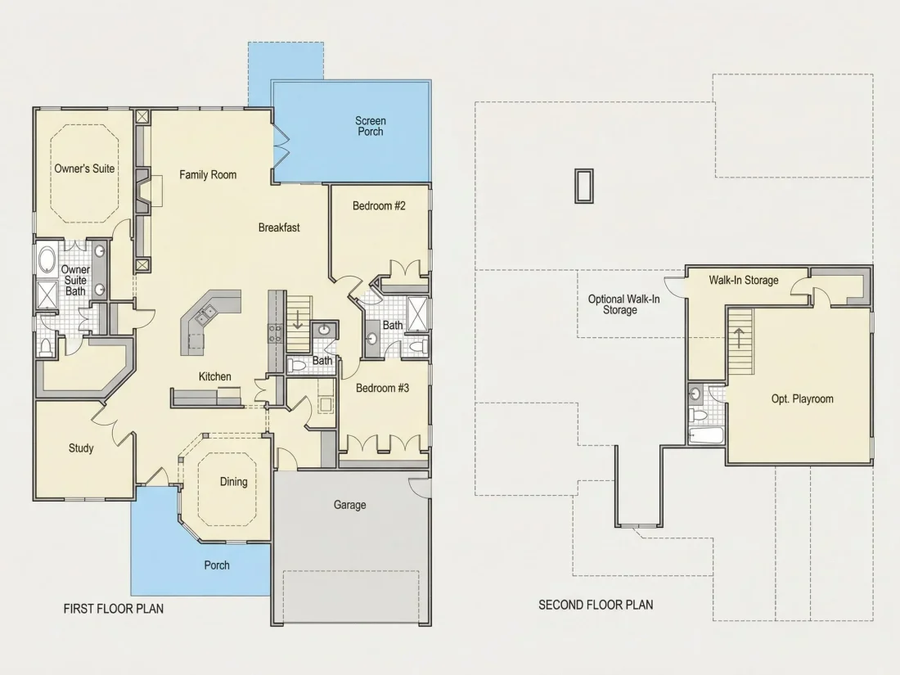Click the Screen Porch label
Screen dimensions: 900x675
tap(370, 126)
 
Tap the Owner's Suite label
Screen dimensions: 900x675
tap(84, 169)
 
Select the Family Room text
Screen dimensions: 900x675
tap(208, 174)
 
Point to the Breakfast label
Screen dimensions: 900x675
tap(279, 227)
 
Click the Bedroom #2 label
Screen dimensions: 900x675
tap(379, 205)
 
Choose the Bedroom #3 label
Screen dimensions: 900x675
tap(382, 388)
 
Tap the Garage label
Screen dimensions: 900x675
tap(349, 505)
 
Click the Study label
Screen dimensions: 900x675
tap(81, 448)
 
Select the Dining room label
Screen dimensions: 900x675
tap(234, 482)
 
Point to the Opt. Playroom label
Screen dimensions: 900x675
tap(802, 399)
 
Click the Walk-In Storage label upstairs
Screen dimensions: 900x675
tap(743, 280)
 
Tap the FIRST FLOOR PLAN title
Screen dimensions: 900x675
tap(114, 609)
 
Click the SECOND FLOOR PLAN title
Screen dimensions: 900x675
tap(596, 605)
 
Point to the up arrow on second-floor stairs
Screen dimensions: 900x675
tap(739, 338)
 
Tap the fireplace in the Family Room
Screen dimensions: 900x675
tap(144, 190)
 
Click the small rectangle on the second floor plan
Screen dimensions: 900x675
tap(583, 186)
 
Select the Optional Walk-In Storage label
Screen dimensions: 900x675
tap(623, 304)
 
